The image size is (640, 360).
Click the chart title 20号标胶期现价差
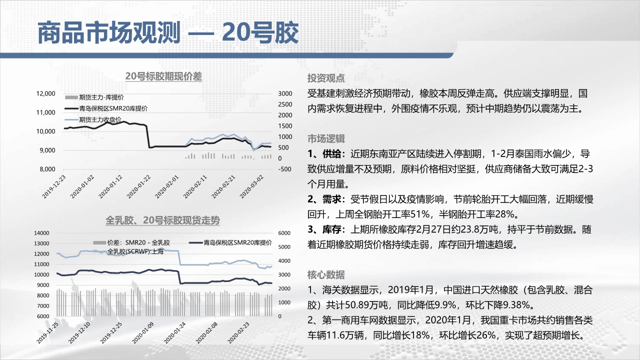click(163, 76)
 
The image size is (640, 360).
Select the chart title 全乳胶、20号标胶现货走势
click(162, 220)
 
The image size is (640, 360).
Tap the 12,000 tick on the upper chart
click(45, 93)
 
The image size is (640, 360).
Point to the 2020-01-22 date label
click(138, 186)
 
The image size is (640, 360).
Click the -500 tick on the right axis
click(285, 169)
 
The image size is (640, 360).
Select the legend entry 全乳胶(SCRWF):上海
click(135, 251)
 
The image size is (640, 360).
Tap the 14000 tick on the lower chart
click(41, 233)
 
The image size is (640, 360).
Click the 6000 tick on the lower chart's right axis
click(284, 233)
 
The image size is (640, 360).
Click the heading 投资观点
click(326, 78)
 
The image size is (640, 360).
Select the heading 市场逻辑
click(326, 138)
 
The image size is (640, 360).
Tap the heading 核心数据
click(326, 274)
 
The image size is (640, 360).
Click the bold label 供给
click(331, 153)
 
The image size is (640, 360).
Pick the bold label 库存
click(331, 229)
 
